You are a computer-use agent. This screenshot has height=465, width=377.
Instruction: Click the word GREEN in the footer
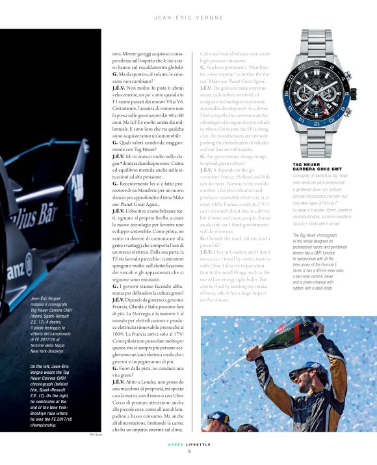[x=176, y=445]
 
